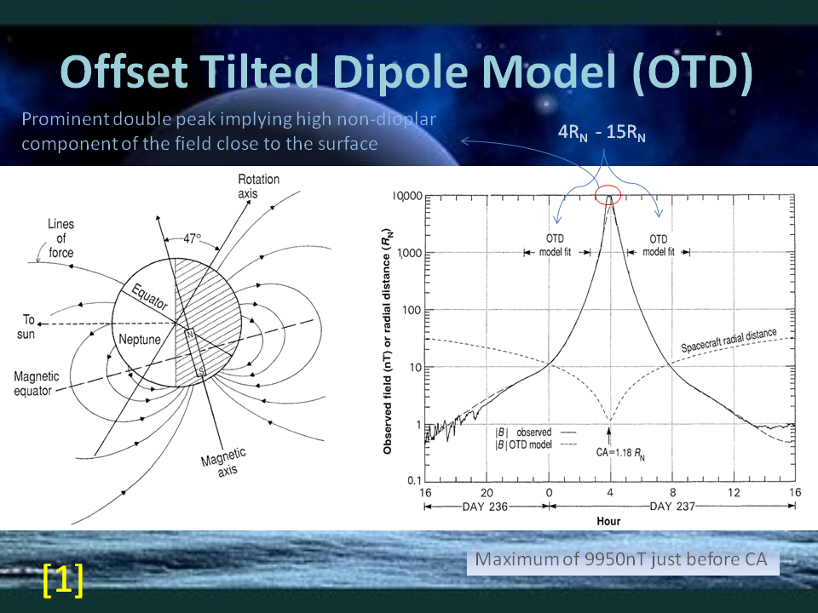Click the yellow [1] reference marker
tap(62, 579)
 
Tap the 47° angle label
tap(192, 238)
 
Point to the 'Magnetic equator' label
tap(37, 384)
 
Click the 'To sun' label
tap(26, 327)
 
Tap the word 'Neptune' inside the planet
tap(139, 340)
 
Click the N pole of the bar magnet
tap(190, 334)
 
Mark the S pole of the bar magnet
tap(201, 372)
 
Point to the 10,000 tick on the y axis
tap(407, 196)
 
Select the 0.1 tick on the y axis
tap(414, 480)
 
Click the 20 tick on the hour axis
tap(487, 493)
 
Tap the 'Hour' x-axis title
tap(608, 521)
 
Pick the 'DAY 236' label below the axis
tap(485, 507)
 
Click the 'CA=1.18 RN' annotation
tap(620, 453)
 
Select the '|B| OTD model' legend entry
tap(523, 444)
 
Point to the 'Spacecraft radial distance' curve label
tap(729, 340)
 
